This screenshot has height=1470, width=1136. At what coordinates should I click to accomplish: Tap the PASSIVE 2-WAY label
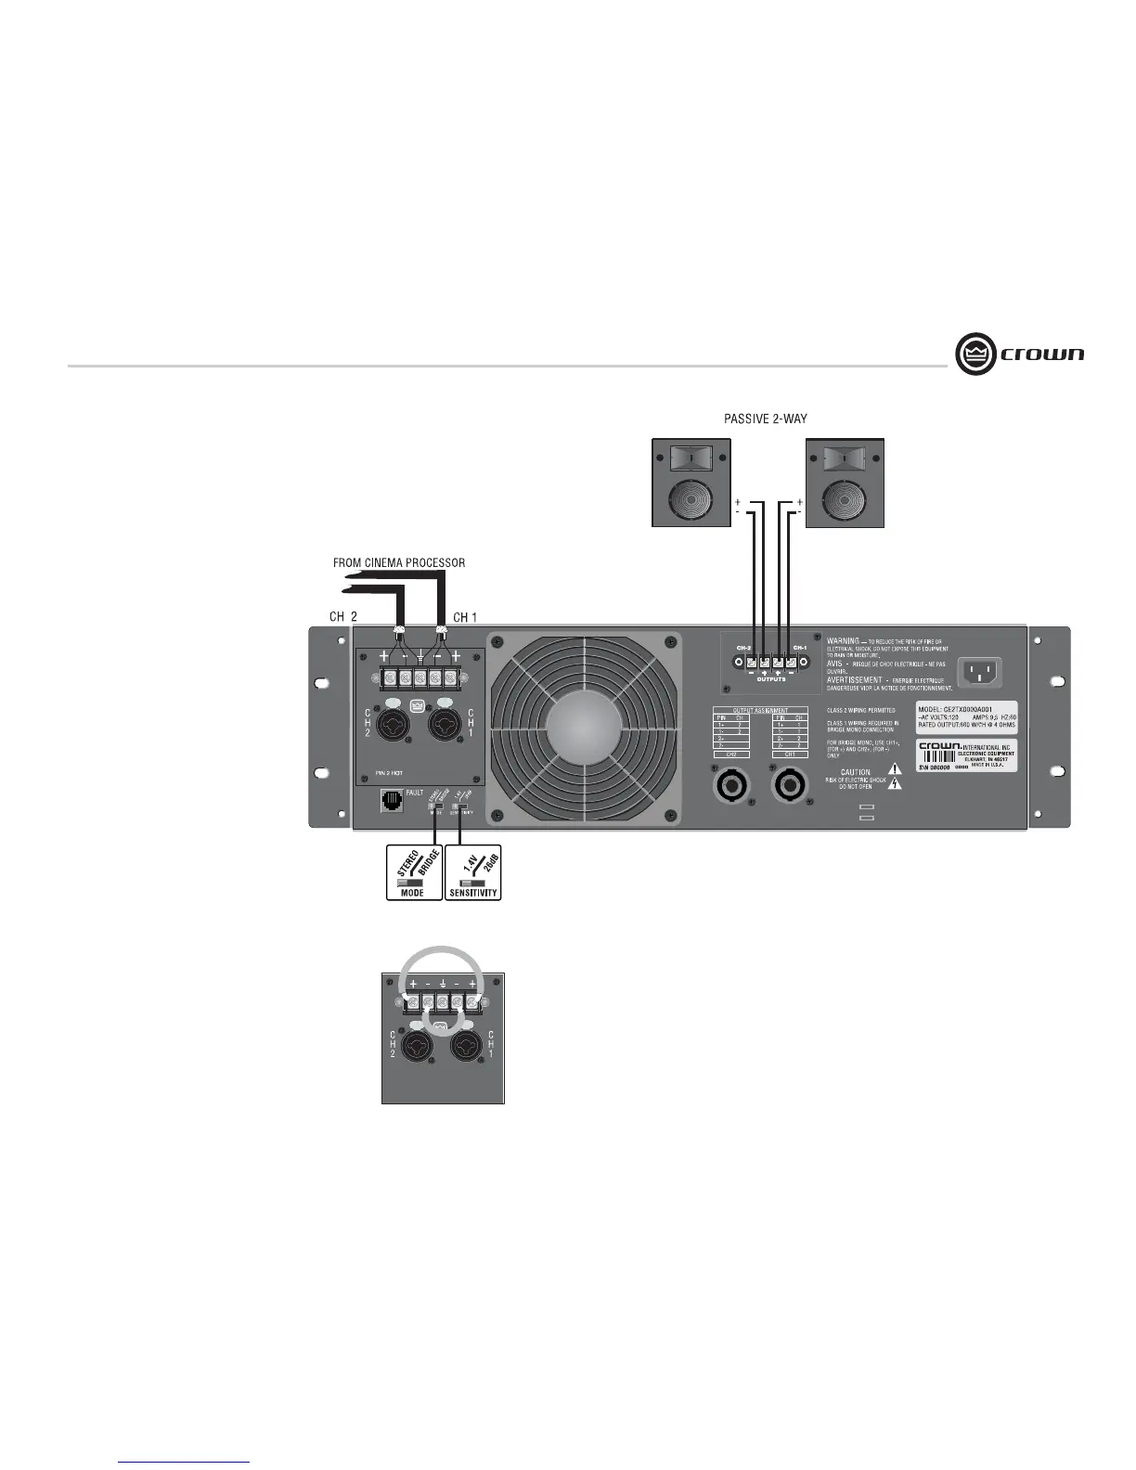[x=765, y=419]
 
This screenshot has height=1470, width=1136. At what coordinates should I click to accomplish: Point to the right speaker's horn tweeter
[x=845, y=459]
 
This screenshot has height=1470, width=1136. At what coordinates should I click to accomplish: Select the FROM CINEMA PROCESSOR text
[x=399, y=562]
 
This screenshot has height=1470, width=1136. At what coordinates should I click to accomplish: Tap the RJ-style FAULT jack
[x=392, y=800]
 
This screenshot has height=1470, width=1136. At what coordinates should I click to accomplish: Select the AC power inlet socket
[x=980, y=670]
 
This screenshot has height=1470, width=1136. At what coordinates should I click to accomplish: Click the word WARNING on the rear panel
[x=843, y=640]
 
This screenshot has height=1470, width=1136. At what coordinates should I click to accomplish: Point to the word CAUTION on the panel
[x=856, y=772]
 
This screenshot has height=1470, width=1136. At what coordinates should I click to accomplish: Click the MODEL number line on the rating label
[x=955, y=709]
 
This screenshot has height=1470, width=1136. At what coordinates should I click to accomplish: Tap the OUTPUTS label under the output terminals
[x=770, y=679]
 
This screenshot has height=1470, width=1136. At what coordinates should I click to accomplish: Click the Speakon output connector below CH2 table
[x=729, y=787]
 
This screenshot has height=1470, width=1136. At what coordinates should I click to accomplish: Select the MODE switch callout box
[x=413, y=872]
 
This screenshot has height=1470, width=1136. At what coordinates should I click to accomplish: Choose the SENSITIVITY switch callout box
[x=473, y=872]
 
